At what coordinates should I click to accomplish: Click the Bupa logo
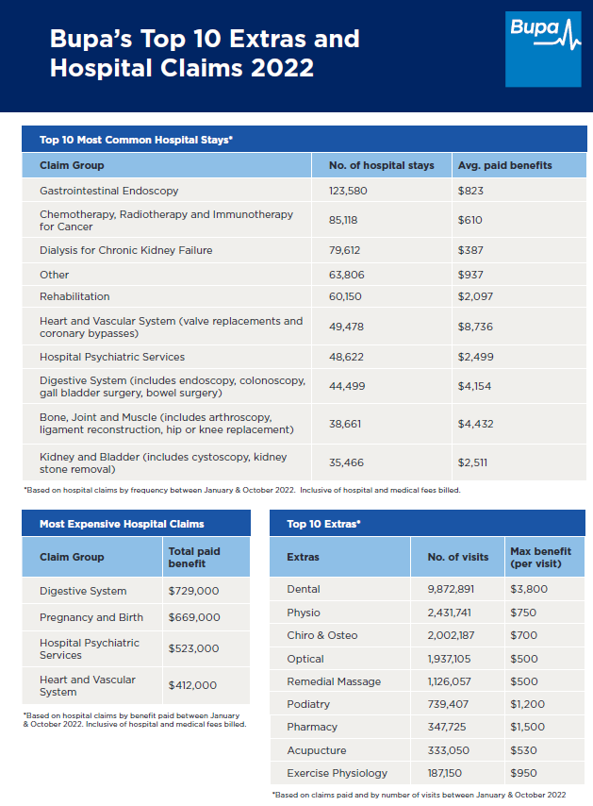point(543,49)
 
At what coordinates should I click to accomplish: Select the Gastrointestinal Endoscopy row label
point(108,191)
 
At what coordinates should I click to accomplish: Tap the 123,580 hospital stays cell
point(348,191)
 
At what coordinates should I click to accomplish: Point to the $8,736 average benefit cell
point(475,327)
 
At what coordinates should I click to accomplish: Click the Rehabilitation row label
point(74,296)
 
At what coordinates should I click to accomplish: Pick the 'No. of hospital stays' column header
point(382,165)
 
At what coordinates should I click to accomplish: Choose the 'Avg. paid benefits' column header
point(504,165)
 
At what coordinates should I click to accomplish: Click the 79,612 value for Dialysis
point(344,250)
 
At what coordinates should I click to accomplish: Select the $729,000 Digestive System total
point(193,591)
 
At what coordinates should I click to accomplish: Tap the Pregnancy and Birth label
point(91,617)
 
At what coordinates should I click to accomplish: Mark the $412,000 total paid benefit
point(192,685)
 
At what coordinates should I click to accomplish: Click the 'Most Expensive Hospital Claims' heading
point(122,524)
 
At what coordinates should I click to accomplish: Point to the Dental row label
point(304,589)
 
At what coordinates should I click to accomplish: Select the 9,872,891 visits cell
point(451,589)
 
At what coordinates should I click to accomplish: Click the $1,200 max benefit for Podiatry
point(527,704)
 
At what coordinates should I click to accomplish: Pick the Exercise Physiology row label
point(338,773)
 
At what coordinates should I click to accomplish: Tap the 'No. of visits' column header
point(458,557)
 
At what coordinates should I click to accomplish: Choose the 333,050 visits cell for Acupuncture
point(448,750)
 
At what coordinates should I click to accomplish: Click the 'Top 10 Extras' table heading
point(323,524)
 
